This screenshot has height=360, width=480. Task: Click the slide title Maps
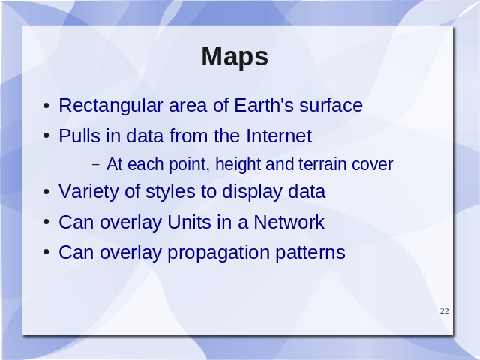pyautogui.click(x=235, y=57)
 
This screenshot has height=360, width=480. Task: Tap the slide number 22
pyautogui.click(x=445, y=311)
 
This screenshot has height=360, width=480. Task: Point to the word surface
pyautogui.click(x=331, y=105)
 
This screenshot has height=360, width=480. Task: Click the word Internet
pyautogui.click(x=279, y=136)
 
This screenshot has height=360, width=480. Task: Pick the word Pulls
pyautogui.click(x=79, y=136)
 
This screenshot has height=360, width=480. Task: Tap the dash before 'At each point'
pyautogui.click(x=96, y=165)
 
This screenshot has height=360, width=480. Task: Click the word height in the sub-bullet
pyautogui.click(x=238, y=165)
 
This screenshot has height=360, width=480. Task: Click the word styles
pyautogui.click(x=170, y=192)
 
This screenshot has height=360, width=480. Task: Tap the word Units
pyautogui.click(x=189, y=222)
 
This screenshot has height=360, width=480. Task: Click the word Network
pyautogui.click(x=289, y=222)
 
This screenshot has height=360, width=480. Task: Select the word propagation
pyautogui.click(x=218, y=253)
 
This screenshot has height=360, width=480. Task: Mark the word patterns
pyautogui.click(x=310, y=253)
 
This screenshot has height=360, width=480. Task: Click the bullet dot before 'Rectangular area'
pyautogui.click(x=46, y=106)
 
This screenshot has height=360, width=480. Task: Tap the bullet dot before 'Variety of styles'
pyautogui.click(x=46, y=192)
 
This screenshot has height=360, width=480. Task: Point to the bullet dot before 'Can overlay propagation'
pyautogui.click(x=46, y=253)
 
